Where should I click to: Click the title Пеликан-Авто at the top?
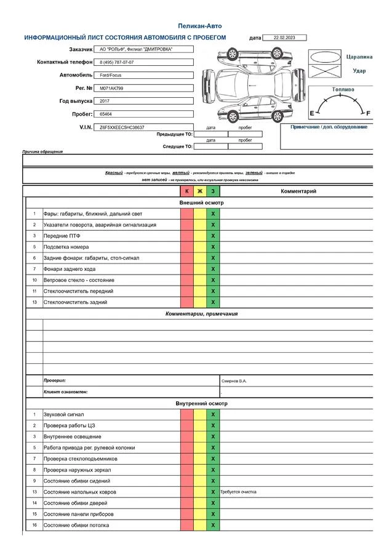tap(199, 26)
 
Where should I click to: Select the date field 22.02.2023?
tap(284, 38)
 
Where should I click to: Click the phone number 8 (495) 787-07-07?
tap(117, 62)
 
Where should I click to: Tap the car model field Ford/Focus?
tap(110, 75)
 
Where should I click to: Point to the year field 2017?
tap(104, 101)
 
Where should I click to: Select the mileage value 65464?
tap(106, 114)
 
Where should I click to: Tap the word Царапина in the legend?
tap(359, 56)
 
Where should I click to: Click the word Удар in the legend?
tap(359, 71)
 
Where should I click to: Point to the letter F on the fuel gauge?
tap(368, 113)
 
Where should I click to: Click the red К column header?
tap(187, 191)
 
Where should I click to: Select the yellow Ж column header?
tap(200, 191)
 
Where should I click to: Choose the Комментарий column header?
tap(298, 191)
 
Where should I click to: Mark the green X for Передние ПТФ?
tap(213, 236)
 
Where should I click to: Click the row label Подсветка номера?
tap(66, 247)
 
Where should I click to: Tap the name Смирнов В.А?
tap(234, 381)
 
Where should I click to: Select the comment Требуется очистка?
tap(238, 492)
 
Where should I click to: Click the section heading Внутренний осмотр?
tap(201, 403)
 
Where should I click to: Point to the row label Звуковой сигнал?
tap(63, 414)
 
